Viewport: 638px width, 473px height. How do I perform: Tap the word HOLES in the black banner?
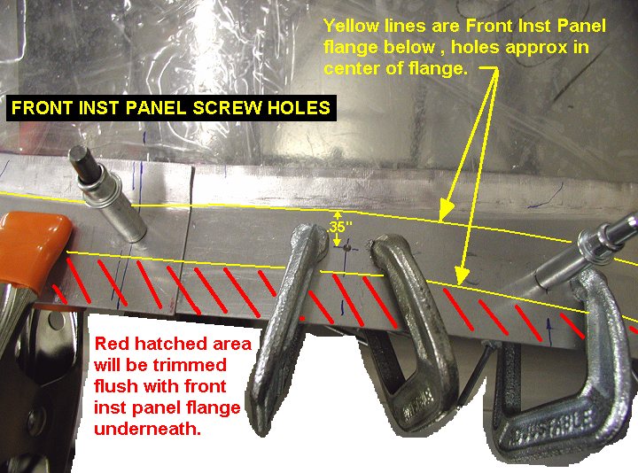(299, 108)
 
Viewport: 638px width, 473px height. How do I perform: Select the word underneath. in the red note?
(148, 429)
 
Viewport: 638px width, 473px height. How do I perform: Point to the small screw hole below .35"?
(346, 247)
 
